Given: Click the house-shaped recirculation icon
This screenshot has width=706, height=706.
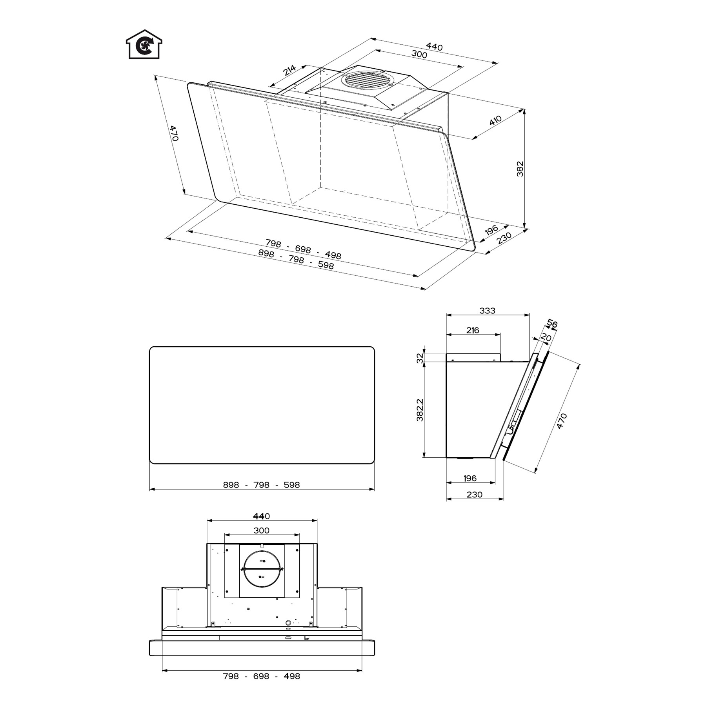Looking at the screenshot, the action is point(144,44).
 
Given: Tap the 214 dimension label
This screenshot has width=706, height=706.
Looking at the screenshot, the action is point(289,70).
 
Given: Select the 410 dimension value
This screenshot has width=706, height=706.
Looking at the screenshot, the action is point(495,120).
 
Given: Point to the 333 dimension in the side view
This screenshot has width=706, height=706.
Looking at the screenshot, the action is point(487,311).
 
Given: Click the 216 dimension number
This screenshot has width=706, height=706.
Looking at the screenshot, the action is point(473,330).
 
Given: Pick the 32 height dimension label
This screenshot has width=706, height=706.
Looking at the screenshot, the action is point(420,358).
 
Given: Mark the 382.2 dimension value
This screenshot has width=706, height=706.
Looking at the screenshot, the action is point(420,410).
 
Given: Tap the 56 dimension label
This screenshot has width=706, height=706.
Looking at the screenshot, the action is point(552,324).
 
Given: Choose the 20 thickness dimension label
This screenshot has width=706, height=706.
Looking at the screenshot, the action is point(546,337).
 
